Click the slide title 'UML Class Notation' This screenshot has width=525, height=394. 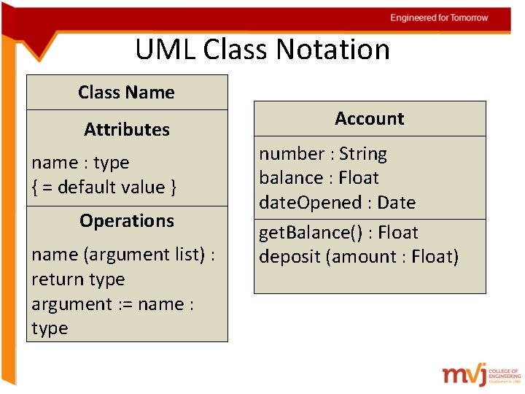pos(262,50)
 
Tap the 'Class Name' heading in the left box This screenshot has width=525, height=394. pos(126,93)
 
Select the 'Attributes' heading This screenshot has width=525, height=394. pos(127,130)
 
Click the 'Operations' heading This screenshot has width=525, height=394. pos(127,221)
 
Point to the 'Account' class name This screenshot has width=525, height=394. pos(369,118)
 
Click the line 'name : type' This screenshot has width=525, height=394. pos(80,163)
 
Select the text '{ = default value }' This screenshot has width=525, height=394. pos(104,188)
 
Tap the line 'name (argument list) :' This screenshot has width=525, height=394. pos(122,255)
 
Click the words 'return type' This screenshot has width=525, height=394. pos(78,279)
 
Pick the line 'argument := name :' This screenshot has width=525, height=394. pos(112,304)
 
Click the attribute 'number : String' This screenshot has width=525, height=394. pos(323,154)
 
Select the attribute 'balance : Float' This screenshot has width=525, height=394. pos(319,178)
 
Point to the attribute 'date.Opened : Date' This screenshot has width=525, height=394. pos(337,203)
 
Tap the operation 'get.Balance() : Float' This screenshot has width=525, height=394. pos(338,233)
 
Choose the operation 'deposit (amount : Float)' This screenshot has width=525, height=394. pos(359,257)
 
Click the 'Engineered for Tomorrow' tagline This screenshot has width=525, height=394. pos(439,18)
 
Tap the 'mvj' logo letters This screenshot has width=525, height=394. pos(462,374)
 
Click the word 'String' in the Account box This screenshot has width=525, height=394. pos(363,154)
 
